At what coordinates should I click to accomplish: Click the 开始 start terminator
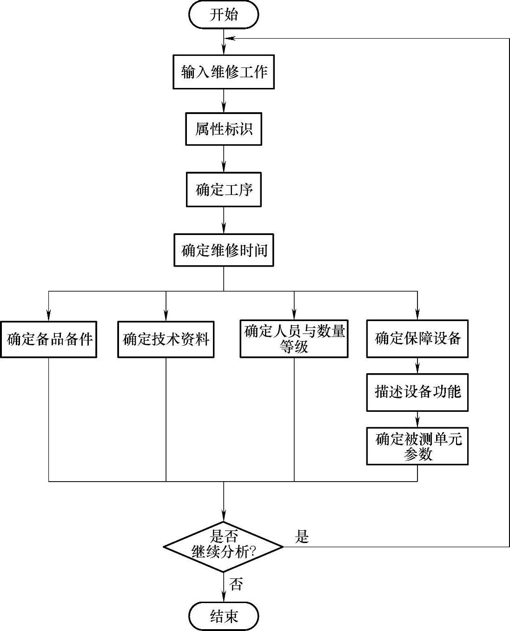pyautogui.click(x=224, y=14)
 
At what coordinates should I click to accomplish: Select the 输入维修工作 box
pyautogui.click(x=224, y=72)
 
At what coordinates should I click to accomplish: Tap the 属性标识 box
pyautogui.click(x=224, y=129)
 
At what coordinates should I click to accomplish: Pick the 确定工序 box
pyautogui.click(x=224, y=190)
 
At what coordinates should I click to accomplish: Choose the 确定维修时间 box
pyautogui.click(x=224, y=250)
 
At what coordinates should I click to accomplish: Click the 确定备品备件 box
pyautogui.click(x=49, y=339)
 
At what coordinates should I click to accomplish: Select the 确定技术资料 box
pyautogui.click(x=166, y=339)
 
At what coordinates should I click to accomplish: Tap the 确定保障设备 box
pyautogui.click(x=417, y=338)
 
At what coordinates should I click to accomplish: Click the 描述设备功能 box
pyautogui.click(x=417, y=392)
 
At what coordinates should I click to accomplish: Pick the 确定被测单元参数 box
pyautogui.click(x=417, y=446)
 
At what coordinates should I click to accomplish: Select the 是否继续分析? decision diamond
pyautogui.click(x=224, y=546)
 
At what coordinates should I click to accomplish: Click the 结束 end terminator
pyautogui.click(x=224, y=616)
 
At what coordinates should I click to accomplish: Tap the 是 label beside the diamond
pyautogui.click(x=302, y=537)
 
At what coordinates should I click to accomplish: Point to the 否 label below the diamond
pyautogui.click(x=236, y=584)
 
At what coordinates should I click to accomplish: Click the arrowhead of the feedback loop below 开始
pyautogui.click(x=228, y=38)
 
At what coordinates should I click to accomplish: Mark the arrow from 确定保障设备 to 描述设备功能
pyautogui.click(x=417, y=366)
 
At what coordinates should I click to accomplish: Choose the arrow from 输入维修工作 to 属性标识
pyautogui.click(x=224, y=101)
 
